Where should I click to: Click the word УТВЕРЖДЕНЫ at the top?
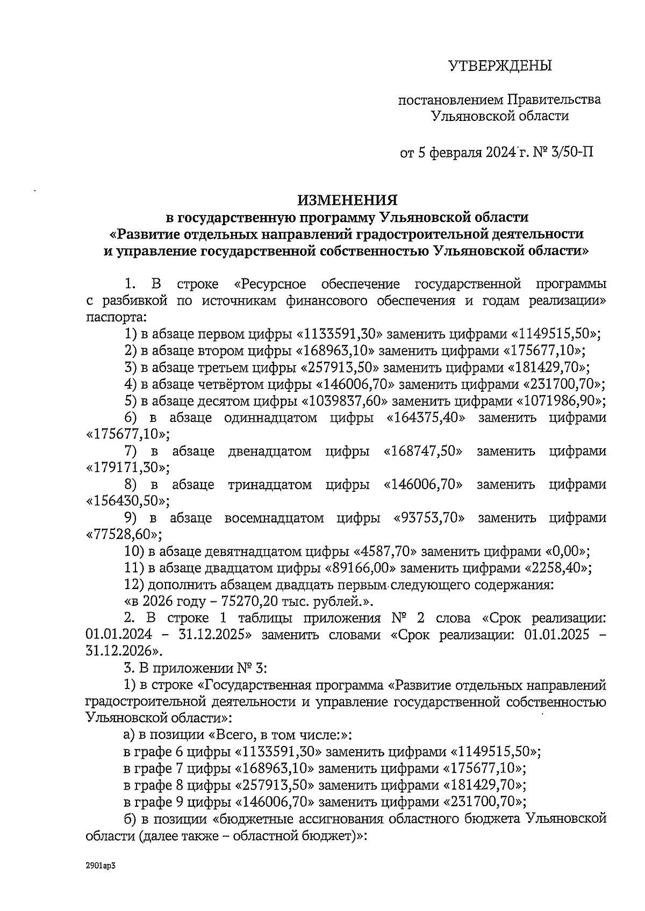coord(500,66)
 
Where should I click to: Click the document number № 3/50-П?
coord(563,153)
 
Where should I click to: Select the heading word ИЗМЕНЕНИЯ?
coord(348,200)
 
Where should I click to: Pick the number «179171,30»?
coord(127,468)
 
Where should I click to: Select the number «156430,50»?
coord(127,501)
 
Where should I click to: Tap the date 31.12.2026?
coord(119,651)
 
